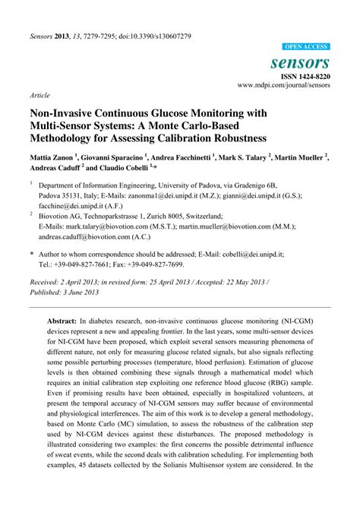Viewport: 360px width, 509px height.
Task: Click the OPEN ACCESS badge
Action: coord(306,47)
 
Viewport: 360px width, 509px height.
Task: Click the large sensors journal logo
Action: coord(300,62)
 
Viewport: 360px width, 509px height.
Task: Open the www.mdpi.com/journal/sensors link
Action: coord(283,86)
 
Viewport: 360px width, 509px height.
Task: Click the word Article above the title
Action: coord(40,96)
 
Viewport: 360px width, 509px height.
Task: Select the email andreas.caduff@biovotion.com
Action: coord(87,236)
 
